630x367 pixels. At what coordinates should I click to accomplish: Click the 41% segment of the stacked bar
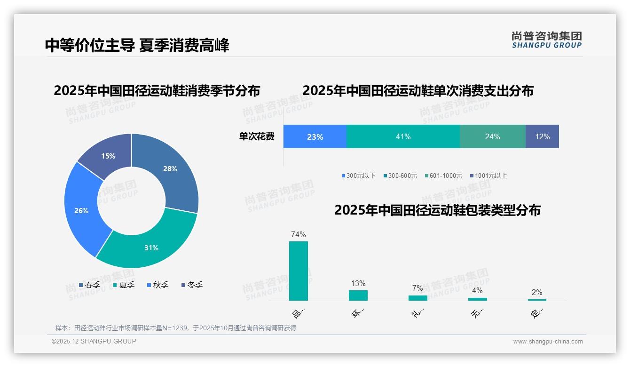pyautogui.click(x=403, y=136)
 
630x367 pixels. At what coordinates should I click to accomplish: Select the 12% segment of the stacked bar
pyautogui.click(x=542, y=136)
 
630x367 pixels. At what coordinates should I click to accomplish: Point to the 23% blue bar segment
pyautogui.click(x=315, y=136)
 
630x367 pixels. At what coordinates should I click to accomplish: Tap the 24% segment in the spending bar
pyautogui.click(x=492, y=136)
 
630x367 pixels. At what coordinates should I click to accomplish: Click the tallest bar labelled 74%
pyautogui.click(x=298, y=271)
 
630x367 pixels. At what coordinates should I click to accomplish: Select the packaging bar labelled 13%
pyautogui.click(x=358, y=295)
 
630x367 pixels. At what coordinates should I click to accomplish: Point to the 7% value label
pyautogui.click(x=417, y=288)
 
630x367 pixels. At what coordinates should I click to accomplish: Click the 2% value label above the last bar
pyautogui.click(x=537, y=292)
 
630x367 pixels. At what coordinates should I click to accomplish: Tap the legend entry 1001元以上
pyautogui.click(x=490, y=176)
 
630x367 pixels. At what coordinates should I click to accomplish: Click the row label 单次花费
pyautogui.click(x=257, y=136)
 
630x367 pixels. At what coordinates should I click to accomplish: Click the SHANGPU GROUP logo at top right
pyautogui.click(x=546, y=40)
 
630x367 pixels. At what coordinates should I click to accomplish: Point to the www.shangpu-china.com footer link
pyautogui.click(x=548, y=342)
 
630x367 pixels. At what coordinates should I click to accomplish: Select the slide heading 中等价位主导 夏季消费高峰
pyautogui.click(x=137, y=46)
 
